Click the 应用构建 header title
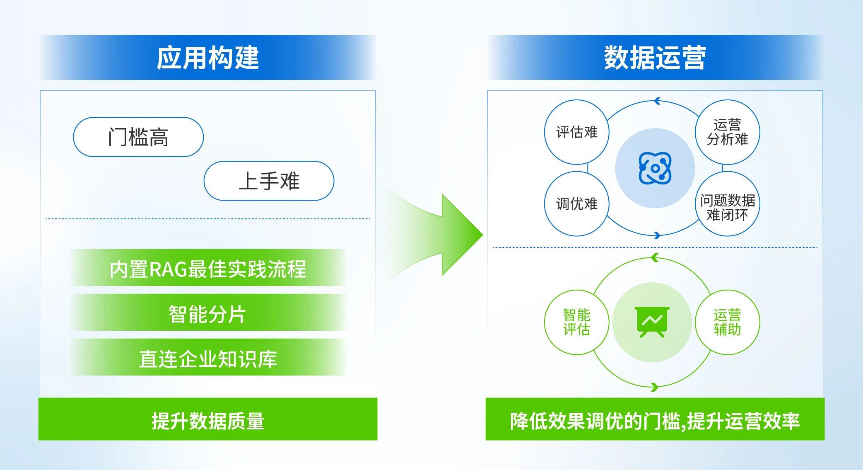click(208, 58)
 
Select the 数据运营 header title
click(655, 58)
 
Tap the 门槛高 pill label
click(138, 137)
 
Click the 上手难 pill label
click(269, 181)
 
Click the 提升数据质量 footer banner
click(208, 419)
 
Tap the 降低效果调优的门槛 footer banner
click(655, 419)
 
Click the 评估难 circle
click(576, 132)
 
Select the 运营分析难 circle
click(728, 132)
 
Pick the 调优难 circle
click(576, 204)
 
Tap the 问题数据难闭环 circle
click(728, 204)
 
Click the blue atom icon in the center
click(655, 168)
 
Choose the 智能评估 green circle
click(576, 322)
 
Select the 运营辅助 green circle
click(728, 322)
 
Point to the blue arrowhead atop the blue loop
click(657, 101)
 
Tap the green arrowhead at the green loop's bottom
click(654, 388)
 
